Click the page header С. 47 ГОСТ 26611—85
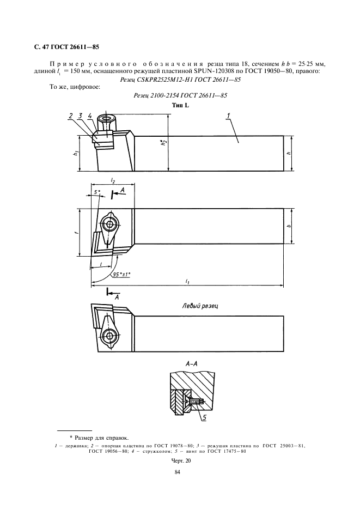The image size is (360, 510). coord(67,47)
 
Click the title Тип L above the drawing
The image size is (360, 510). coord(180,105)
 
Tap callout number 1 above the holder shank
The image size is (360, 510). coord(229,115)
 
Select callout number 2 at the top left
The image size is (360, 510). coord(71,115)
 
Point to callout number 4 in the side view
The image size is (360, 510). coord(89,115)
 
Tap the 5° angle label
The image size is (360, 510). coord(97,192)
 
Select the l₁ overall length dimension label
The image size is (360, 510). coord(187,282)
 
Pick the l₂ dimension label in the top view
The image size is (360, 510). coord(113,179)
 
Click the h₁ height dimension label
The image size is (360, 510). coord(76,154)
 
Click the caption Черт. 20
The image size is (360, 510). coord(180,460)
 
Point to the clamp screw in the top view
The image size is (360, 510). coord(111,224)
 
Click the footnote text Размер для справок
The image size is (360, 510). coord(99,437)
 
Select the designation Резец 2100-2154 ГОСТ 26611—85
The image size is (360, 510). coord(180,96)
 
